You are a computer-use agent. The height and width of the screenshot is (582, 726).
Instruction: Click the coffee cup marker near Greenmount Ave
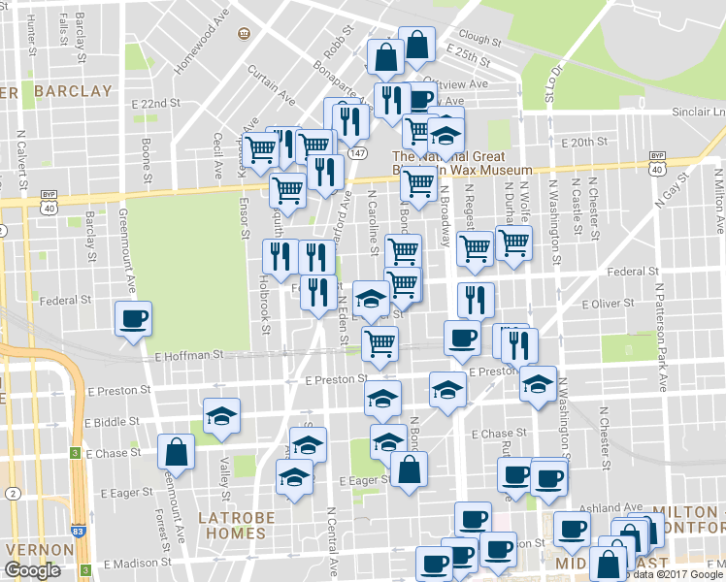point(133,319)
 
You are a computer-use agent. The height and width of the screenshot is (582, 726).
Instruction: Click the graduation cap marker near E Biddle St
point(221,416)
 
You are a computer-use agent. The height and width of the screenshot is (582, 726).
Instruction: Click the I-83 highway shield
point(75,453)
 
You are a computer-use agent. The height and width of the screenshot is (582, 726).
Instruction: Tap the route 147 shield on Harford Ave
point(359,153)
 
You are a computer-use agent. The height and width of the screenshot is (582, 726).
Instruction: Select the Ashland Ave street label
point(611,507)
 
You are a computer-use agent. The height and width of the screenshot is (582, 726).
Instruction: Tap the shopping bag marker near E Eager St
point(409,471)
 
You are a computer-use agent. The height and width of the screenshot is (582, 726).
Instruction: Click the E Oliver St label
point(608,303)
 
